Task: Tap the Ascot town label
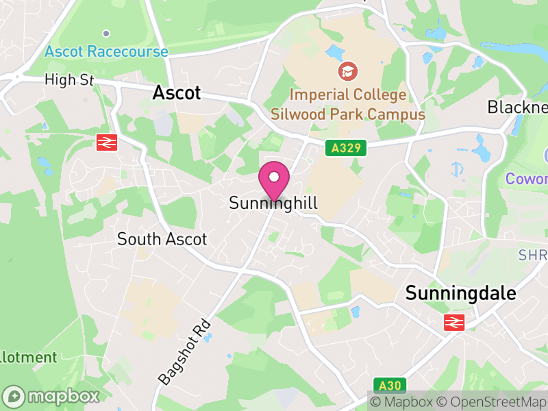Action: (x=177, y=92)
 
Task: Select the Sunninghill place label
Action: (x=274, y=203)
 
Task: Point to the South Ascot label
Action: (x=162, y=239)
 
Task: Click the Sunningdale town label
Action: (x=460, y=293)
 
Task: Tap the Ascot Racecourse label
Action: (x=106, y=51)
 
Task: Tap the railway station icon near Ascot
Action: (x=107, y=142)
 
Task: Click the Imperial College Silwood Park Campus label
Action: (x=348, y=104)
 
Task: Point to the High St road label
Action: (x=68, y=80)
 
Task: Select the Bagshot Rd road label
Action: (x=183, y=350)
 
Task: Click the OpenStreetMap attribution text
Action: (x=491, y=401)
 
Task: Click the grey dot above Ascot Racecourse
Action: (x=105, y=33)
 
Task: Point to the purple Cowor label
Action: (x=526, y=179)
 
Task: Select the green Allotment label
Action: (x=27, y=357)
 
